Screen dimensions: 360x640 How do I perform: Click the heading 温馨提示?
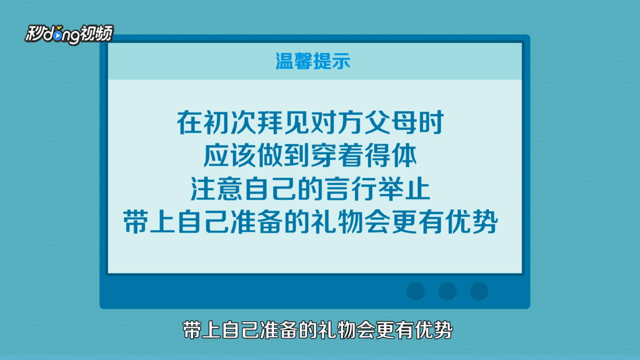coord(313,61)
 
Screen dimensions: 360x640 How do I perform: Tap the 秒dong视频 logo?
coord(69,34)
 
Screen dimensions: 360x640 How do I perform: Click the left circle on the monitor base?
coord(416,291)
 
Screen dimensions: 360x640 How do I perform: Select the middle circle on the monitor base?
coord(447,291)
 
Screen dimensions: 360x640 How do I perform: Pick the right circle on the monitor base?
coord(479,291)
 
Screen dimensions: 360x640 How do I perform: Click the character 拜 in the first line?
coord(270,123)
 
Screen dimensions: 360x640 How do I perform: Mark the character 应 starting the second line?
coord(216,156)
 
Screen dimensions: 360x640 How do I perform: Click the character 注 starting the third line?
coord(203,189)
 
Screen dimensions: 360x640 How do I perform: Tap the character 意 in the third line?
coord(230,189)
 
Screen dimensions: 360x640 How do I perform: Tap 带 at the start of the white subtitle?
coord(192,330)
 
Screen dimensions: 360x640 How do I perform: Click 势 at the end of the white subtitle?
coord(443,330)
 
